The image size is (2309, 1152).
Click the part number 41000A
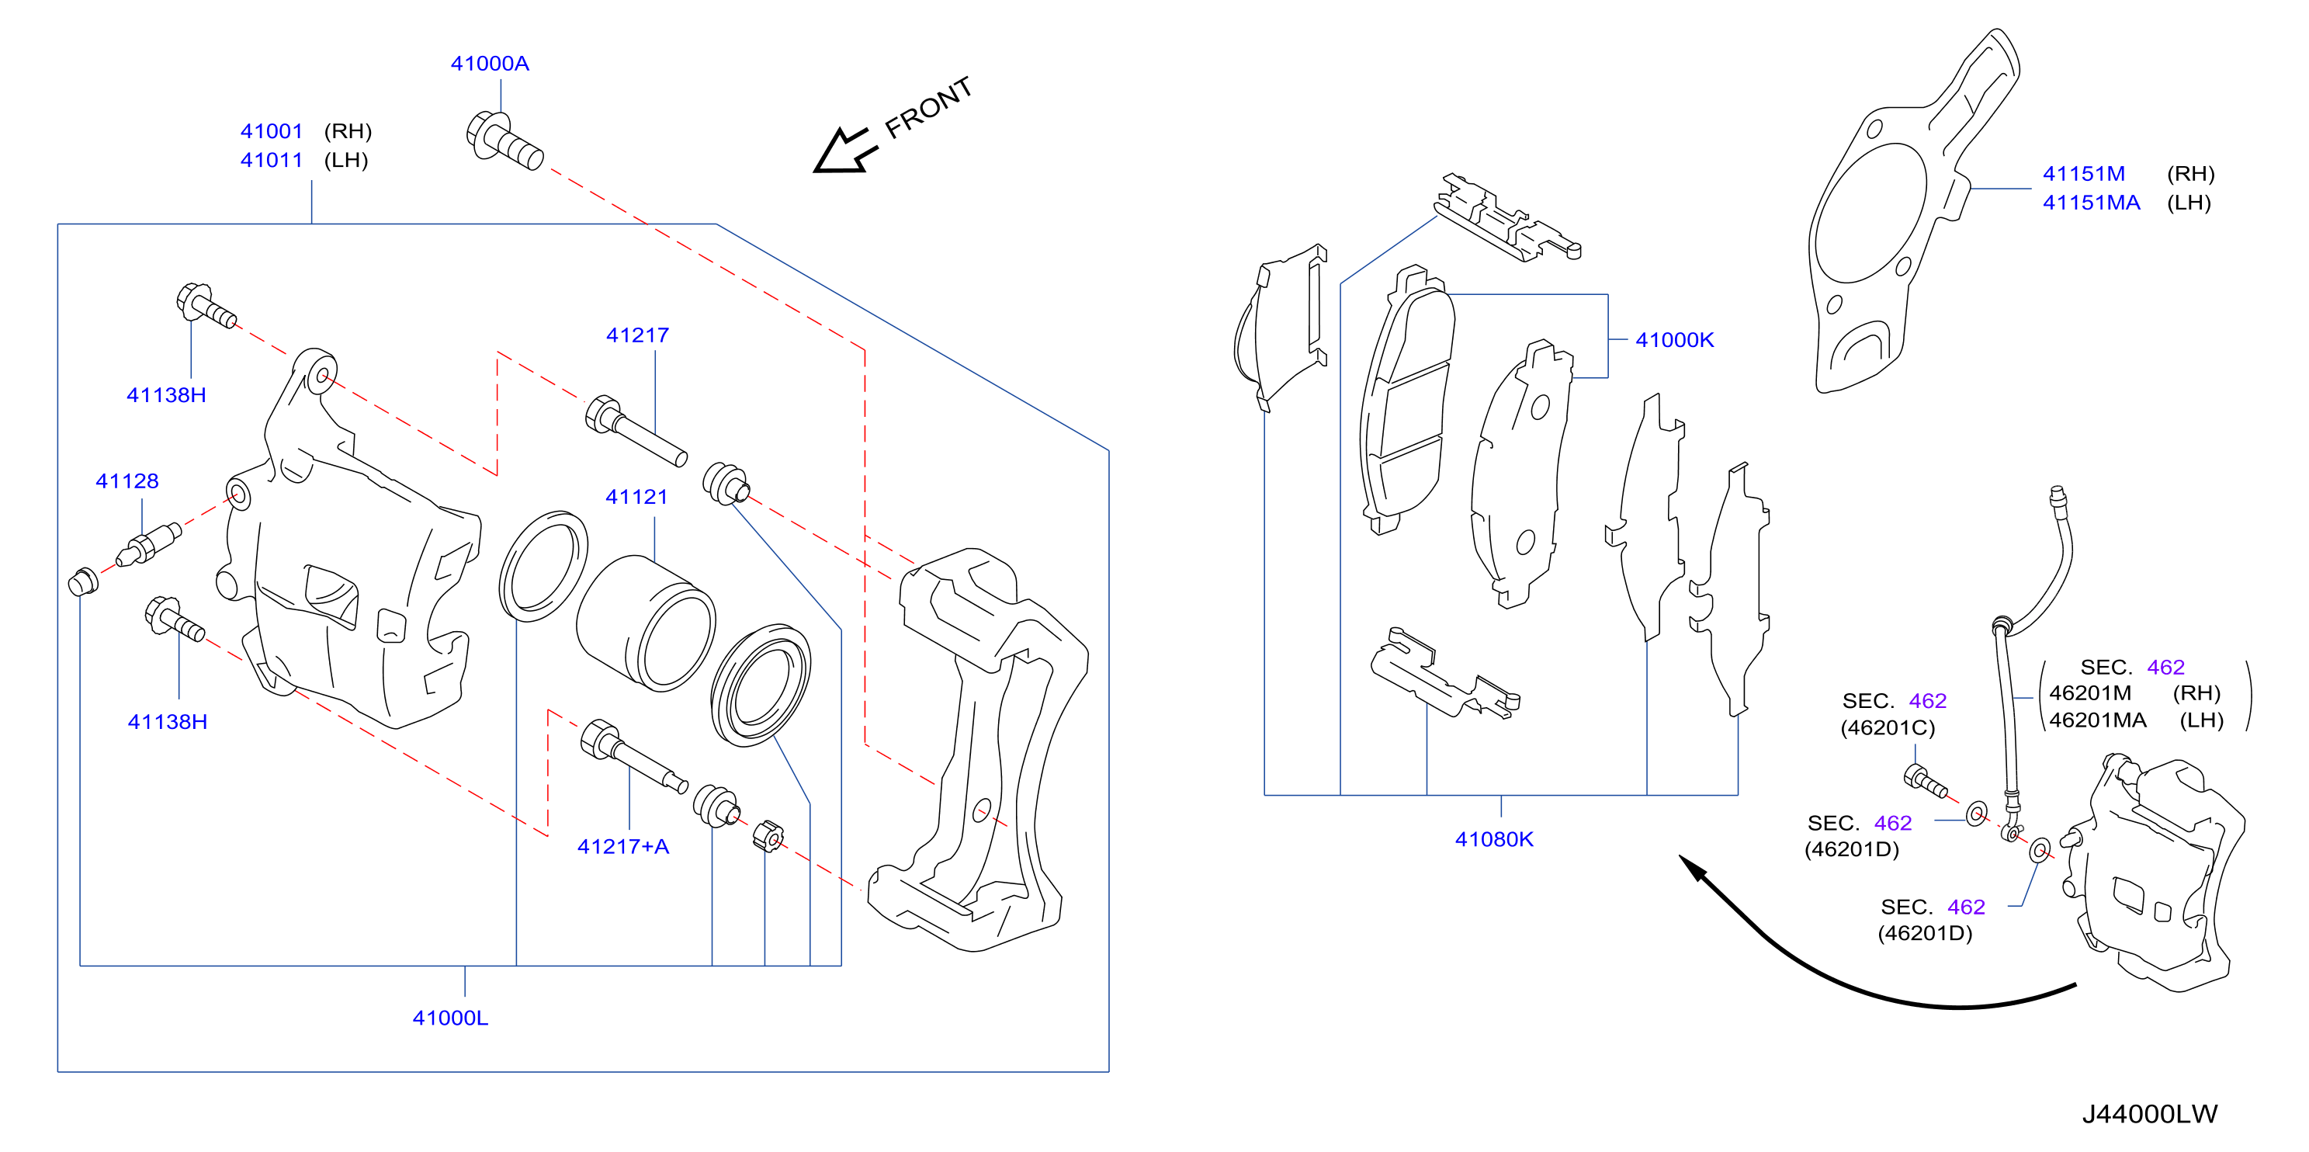[490, 64]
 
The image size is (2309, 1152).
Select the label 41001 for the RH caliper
[272, 131]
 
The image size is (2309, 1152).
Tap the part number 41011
[272, 160]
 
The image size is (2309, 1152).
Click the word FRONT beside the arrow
[928, 108]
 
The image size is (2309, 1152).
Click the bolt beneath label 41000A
[504, 141]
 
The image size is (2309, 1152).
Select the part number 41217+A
[623, 846]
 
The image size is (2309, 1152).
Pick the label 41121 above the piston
[636, 497]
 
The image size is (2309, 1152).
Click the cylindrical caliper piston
[646, 623]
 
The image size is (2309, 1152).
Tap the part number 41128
[127, 481]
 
